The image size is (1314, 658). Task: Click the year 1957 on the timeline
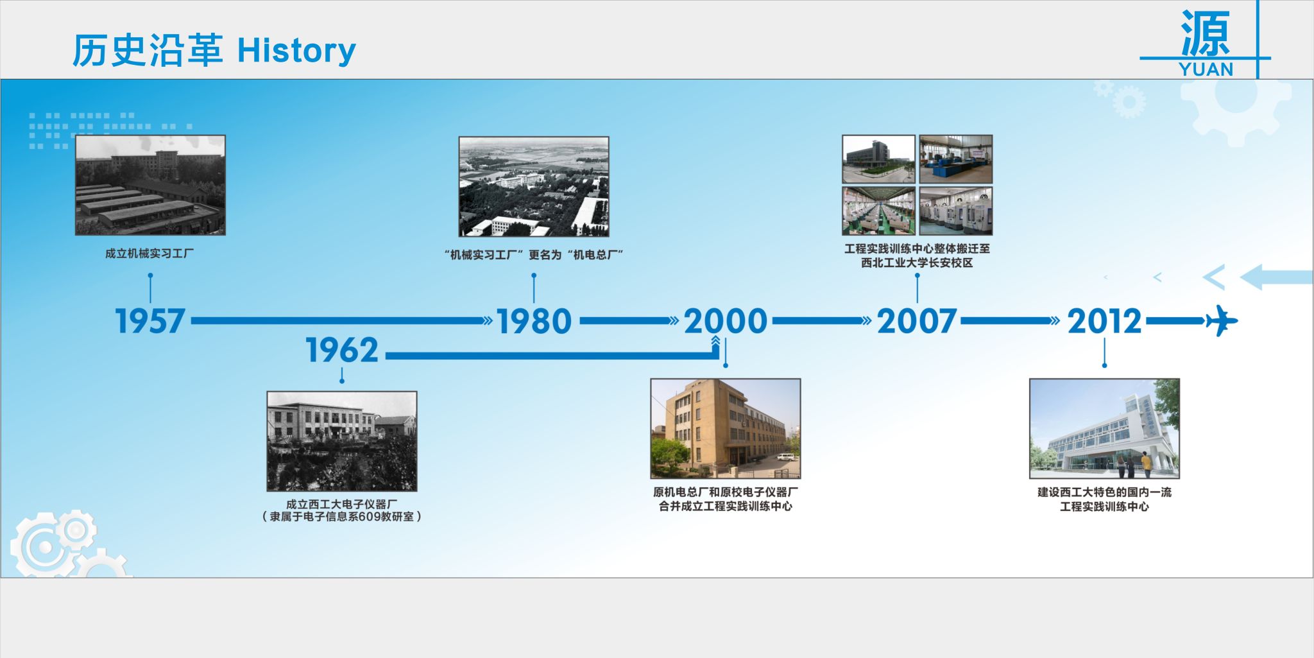tap(150, 321)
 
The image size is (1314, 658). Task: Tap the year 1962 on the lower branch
tap(342, 351)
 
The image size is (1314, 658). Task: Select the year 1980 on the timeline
tap(534, 321)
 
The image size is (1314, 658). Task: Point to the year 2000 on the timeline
tap(725, 321)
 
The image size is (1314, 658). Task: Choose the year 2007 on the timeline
tap(917, 321)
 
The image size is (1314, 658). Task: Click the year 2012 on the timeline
tap(1105, 321)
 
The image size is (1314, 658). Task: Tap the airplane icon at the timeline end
tap(1222, 321)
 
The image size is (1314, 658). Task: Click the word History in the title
tap(296, 51)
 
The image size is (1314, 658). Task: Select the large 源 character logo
tap(1206, 33)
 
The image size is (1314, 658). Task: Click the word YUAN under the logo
tap(1206, 69)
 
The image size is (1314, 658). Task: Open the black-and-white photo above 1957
tap(150, 185)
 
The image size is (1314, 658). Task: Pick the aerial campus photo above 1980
tap(534, 186)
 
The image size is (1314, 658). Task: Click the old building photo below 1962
tap(342, 441)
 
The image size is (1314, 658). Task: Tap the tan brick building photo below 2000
tap(726, 428)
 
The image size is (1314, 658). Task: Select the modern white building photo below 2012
tap(1105, 428)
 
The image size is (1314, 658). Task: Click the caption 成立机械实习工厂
tap(149, 254)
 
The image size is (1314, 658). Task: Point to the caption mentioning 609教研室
tap(342, 517)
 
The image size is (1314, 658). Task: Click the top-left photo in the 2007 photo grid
tap(879, 159)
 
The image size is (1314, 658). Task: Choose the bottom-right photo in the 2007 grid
tap(956, 211)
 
